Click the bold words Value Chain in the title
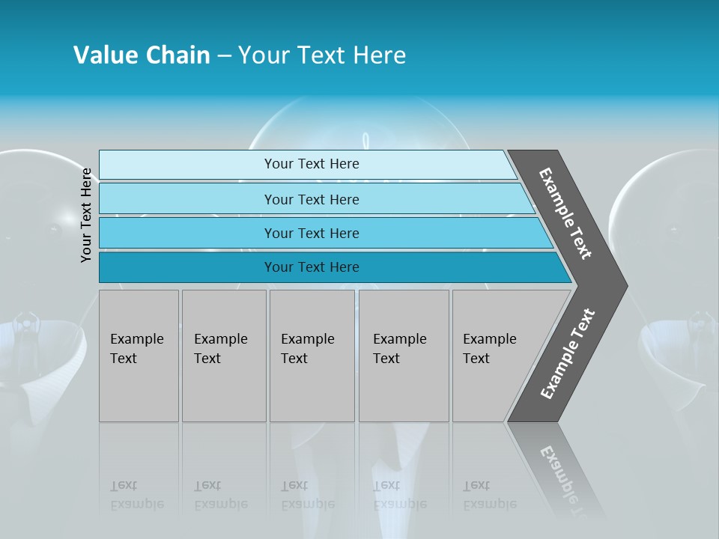click(142, 55)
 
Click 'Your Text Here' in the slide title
click(322, 55)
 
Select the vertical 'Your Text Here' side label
click(86, 216)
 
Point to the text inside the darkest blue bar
click(312, 267)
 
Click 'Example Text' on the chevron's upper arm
click(565, 213)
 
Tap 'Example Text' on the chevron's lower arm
click(568, 354)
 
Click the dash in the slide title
click(224, 55)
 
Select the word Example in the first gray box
click(136, 339)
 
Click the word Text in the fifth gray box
click(476, 359)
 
